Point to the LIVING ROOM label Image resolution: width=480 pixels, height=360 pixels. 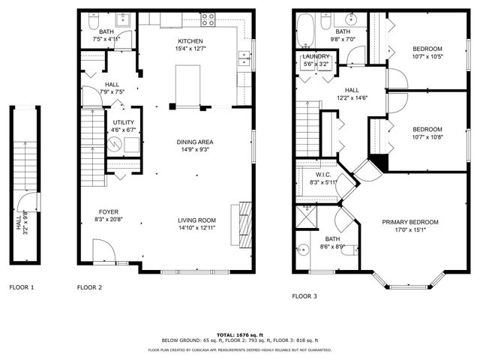(196, 220)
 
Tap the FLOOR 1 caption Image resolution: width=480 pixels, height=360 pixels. (22, 287)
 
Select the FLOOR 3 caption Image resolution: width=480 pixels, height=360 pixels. (304, 296)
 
